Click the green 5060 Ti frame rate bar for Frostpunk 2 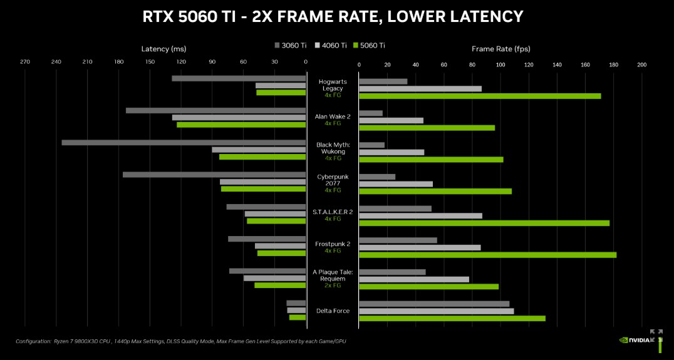pos(487,255)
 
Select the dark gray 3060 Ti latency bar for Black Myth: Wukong pos(184,143)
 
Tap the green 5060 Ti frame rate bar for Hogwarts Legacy pos(480,96)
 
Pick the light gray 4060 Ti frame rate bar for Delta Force pos(436,311)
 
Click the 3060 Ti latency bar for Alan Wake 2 pos(215,111)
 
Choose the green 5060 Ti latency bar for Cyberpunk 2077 pos(263,188)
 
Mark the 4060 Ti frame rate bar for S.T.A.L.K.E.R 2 pos(420,216)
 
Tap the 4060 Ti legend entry pos(331,45)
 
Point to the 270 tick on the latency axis pos(25,63)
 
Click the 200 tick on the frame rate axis pos(641,64)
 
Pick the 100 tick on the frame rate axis pos(500,64)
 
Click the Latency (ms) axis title pos(163,49)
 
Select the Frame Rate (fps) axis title pos(500,49)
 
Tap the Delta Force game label pos(333,311)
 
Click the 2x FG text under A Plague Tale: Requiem pos(333,285)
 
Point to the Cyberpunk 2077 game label pos(333,180)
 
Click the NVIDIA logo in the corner pos(635,340)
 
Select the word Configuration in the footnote pos(33,341)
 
